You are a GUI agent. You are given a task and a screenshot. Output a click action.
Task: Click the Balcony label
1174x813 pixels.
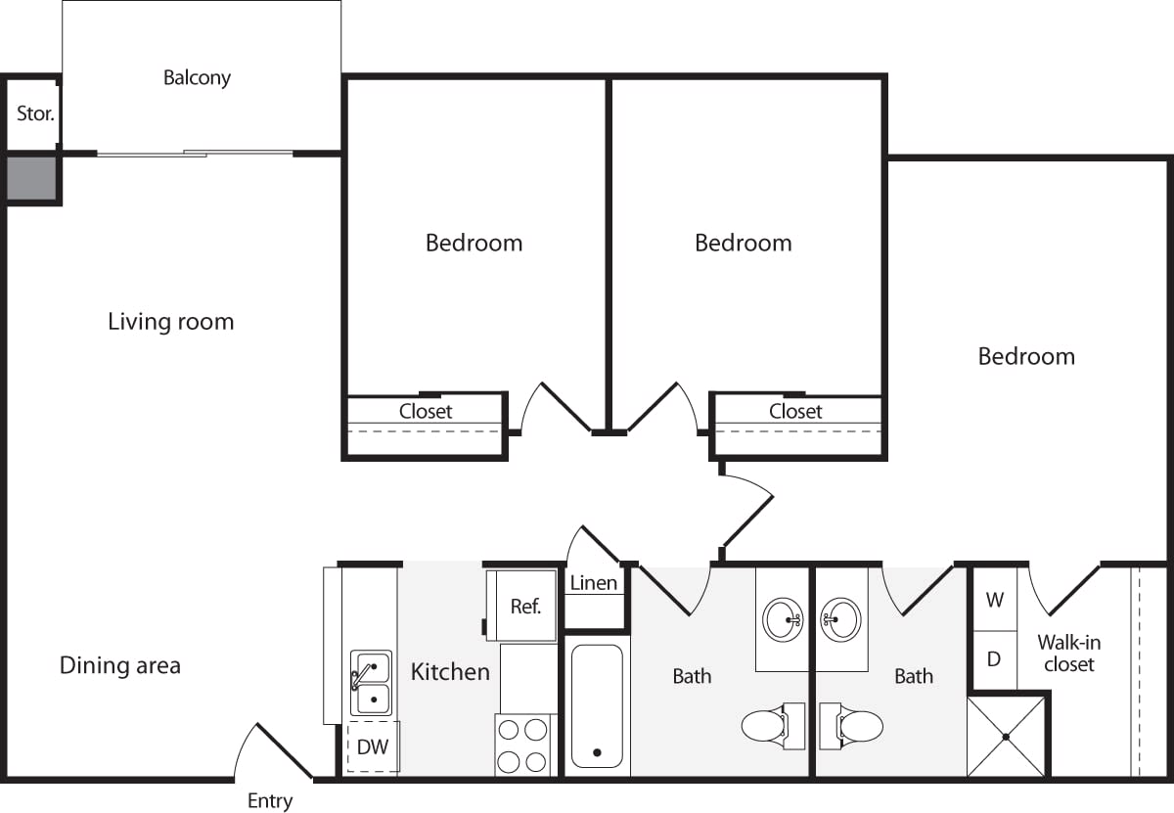(197, 77)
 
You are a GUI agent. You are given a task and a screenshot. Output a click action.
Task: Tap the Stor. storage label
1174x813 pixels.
(35, 113)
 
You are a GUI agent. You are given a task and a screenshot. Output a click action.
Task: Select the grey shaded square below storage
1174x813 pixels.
(31, 177)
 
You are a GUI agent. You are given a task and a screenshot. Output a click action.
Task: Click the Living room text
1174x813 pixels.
(171, 321)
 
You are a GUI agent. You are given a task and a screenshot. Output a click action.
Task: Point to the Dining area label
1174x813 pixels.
(120, 665)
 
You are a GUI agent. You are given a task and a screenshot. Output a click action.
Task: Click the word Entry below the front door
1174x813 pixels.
(269, 801)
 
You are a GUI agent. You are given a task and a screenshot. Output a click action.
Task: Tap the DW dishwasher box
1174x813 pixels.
(372, 747)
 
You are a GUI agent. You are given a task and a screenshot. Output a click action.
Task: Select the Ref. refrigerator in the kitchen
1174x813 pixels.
(524, 606)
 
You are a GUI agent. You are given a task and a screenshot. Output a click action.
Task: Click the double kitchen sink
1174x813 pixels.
(372, 683)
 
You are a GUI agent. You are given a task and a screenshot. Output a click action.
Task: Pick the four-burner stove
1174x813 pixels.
(522, 745)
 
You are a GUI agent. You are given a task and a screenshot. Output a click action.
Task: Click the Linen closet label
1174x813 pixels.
(594, 583)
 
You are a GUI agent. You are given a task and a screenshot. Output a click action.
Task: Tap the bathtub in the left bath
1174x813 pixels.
(596, 705)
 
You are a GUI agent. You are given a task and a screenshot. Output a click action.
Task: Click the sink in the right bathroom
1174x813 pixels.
(840, 618)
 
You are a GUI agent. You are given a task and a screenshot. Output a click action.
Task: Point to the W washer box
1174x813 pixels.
(994, 600)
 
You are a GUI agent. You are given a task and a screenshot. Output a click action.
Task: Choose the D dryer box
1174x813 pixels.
(994, 659)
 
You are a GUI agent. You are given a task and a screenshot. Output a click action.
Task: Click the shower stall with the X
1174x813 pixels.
(1006, 736)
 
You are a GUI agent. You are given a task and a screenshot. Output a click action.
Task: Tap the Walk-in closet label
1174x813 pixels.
(1069, 654)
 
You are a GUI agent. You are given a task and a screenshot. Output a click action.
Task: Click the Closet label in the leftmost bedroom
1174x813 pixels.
(426, 411)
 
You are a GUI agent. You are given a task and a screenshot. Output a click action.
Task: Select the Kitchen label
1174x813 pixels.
(450, 671)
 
